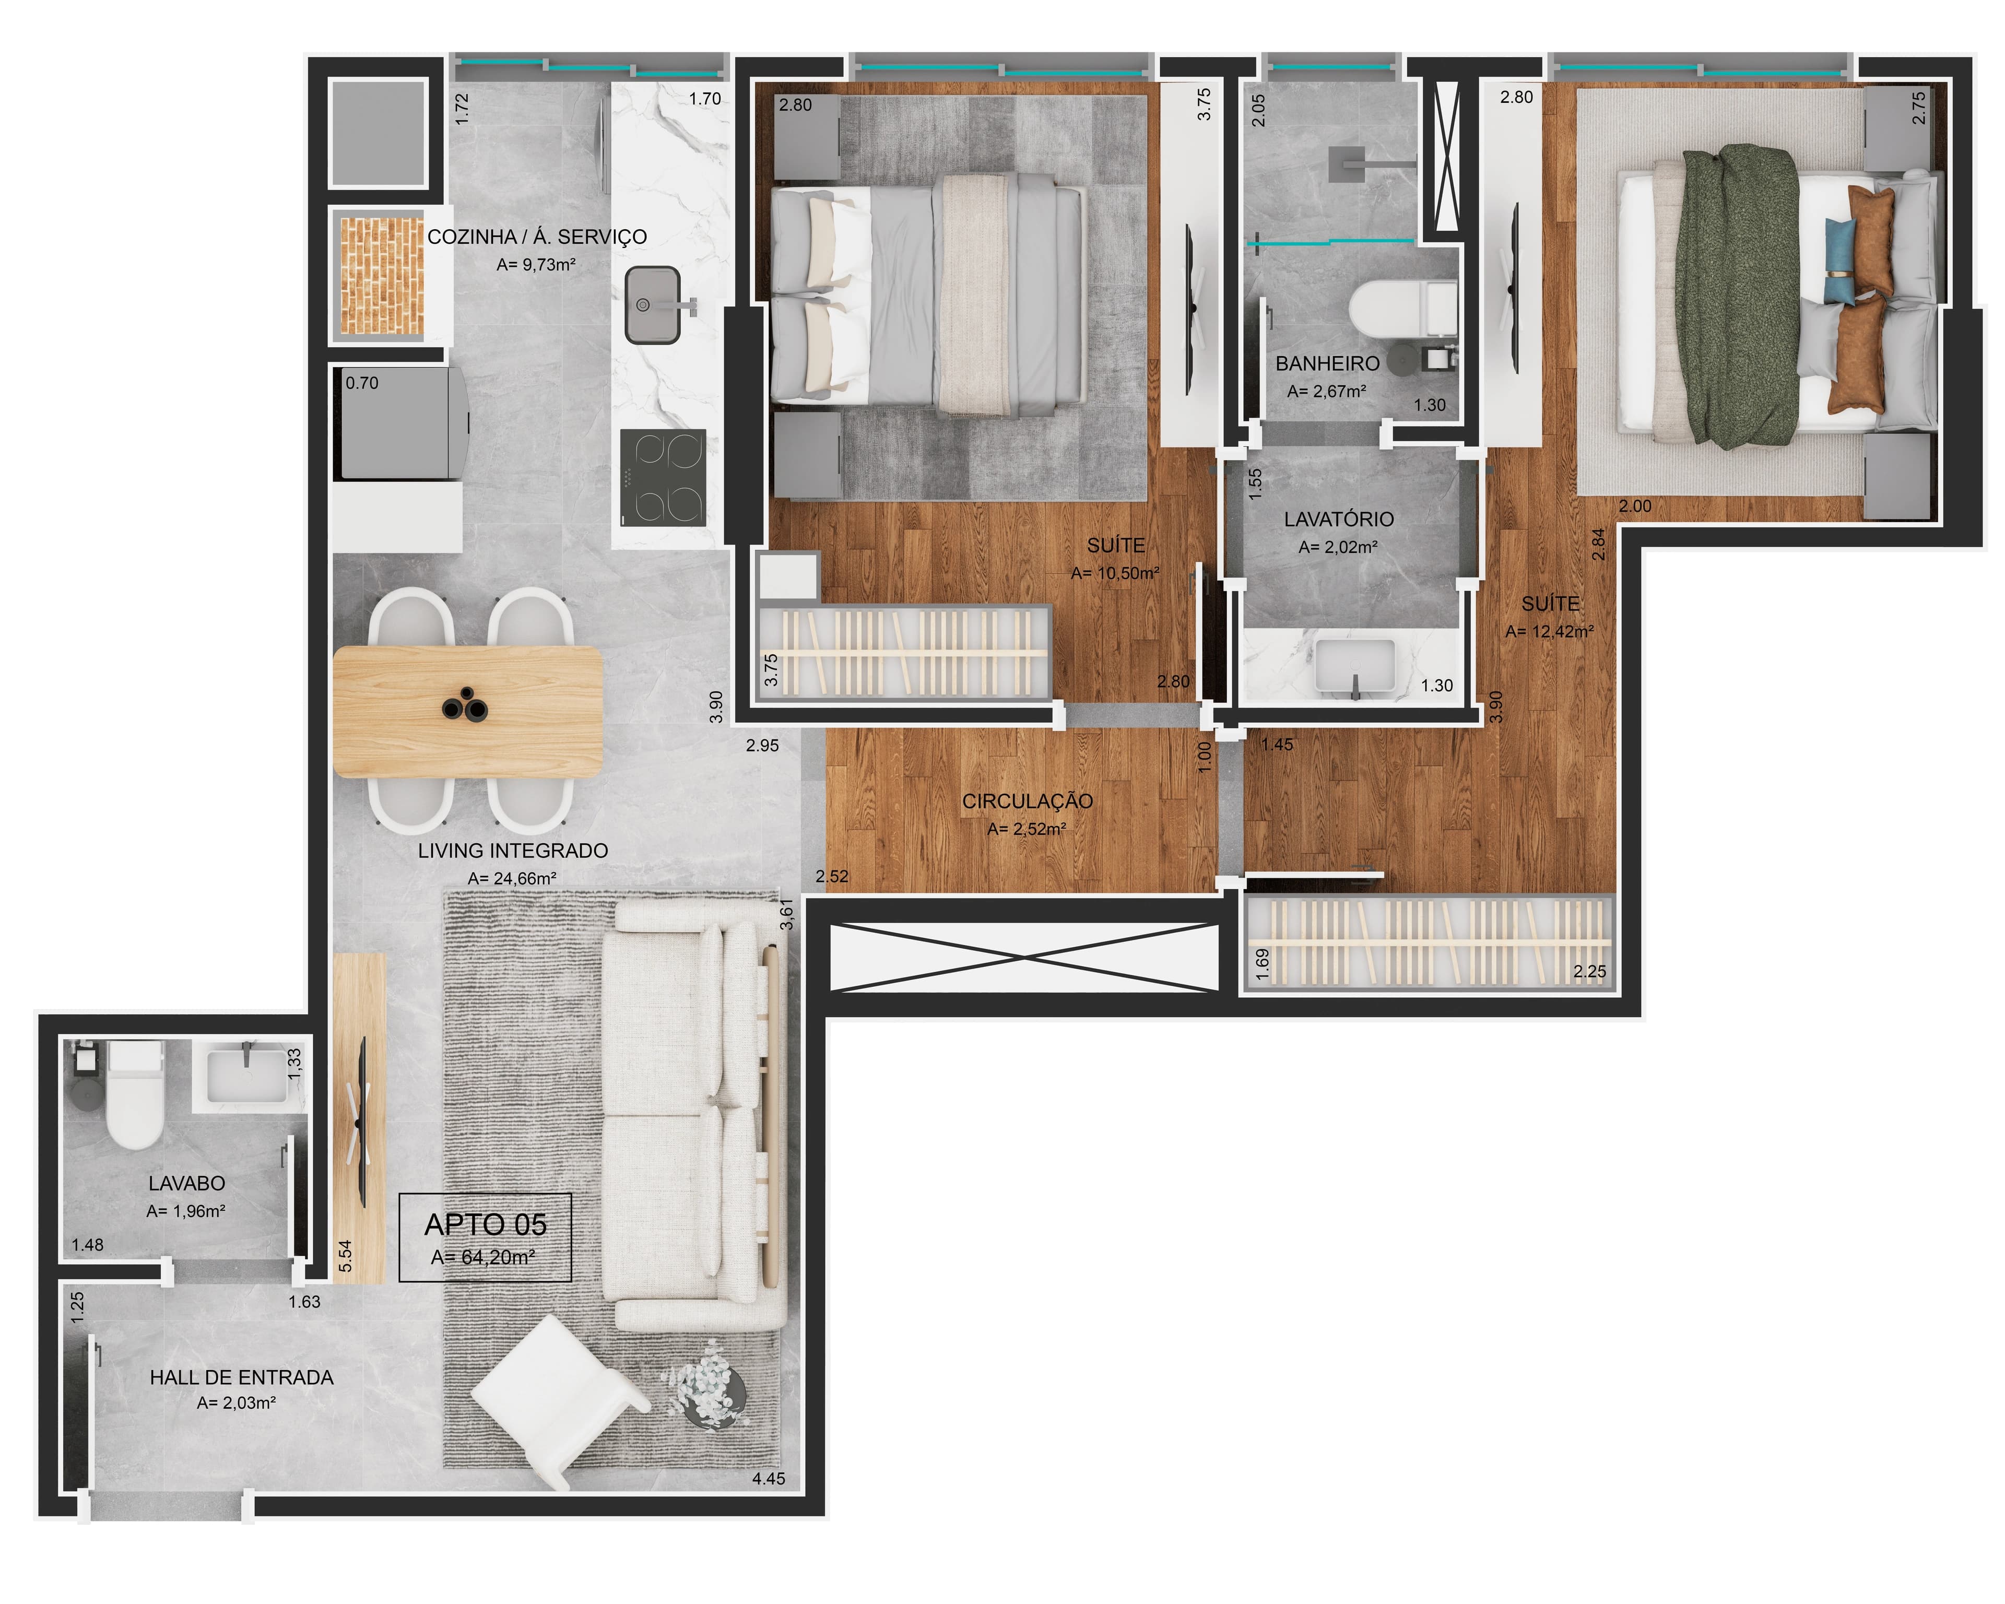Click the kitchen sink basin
(x=652, y=304)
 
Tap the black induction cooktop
(x=663, y=478)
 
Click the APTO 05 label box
(x=486, y=1237)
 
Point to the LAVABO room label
(x=187, y=1184)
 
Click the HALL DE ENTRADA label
(x=242, y=1377)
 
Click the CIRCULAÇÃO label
(x=1028, y=800)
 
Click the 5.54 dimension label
(x=346, y=1256)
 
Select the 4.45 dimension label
(x=769, y=1479)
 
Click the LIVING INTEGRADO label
(x=512, y=850)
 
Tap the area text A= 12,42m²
(x=1549, y=631)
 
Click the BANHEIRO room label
(x=1327, y=363)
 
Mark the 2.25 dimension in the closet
(x=1589, y=972)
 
